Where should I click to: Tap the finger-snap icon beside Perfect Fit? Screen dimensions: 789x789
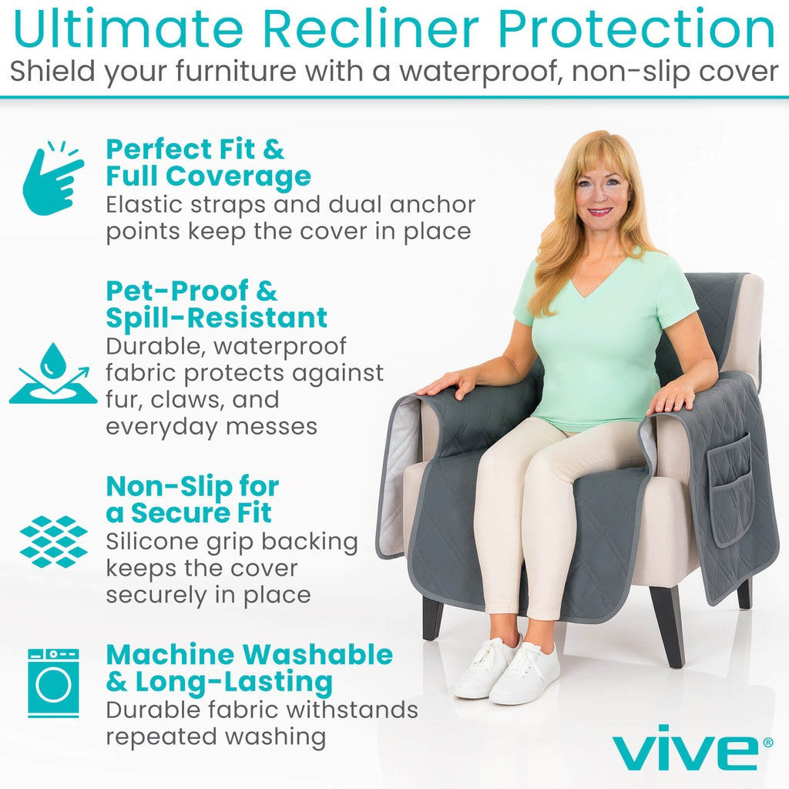click(x=52, y=177)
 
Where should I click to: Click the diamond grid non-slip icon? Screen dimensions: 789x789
click(x=53, y=542)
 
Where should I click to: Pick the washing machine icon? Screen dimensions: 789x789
click(x=53, y=683)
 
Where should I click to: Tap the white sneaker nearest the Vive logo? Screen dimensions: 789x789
click(x=525, y=674)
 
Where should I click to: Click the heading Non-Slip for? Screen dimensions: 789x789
click(x=192, y=487)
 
